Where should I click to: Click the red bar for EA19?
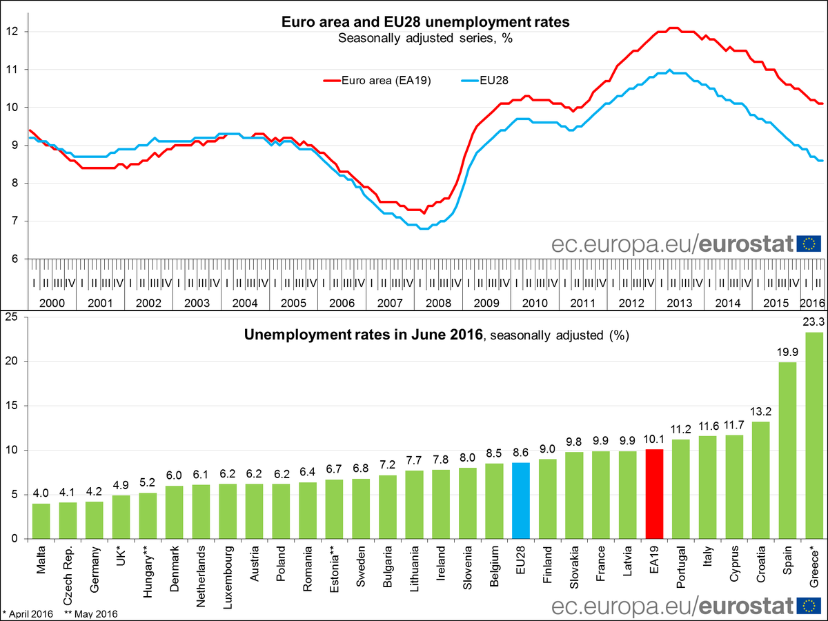click(x=654, y=494)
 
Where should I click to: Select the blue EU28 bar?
click(x=521, y=500)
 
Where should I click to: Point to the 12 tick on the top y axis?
click(x=13, y=32)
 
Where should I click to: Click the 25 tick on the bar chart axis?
click(x=12, y=317)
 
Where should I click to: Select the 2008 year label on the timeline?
click(x=438, y=303)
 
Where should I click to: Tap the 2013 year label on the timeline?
click(x=680, y=303)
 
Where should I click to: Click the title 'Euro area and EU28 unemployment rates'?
click(x=426, y=22)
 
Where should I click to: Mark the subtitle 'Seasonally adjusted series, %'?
click(x=426, y=38)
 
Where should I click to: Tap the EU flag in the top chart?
click(x=808, y=243)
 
